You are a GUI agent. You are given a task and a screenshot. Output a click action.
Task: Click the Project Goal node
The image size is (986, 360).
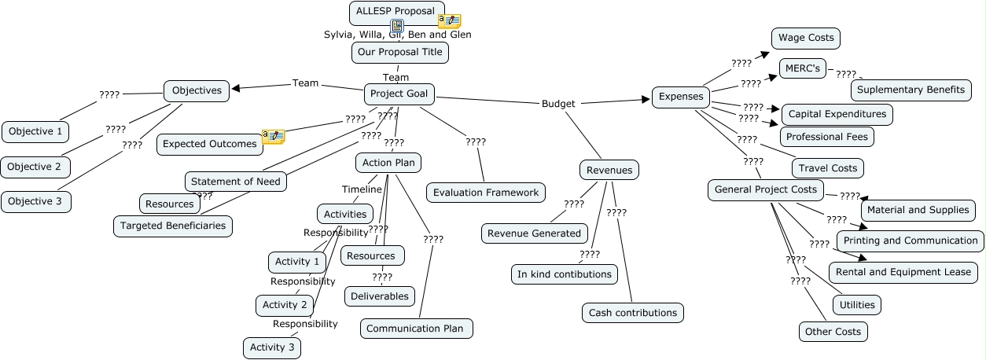pos(399,94)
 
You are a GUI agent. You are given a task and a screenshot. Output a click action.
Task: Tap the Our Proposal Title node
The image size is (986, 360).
pos(400,53)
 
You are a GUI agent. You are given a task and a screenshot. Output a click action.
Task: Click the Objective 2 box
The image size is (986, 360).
pos(35,167)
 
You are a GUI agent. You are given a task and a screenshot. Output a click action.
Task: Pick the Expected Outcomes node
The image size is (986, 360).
pos(209,144)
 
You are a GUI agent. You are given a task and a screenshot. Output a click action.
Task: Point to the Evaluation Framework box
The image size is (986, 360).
pos(486,193)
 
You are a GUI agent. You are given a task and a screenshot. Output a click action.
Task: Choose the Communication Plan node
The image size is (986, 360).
pos(416,329)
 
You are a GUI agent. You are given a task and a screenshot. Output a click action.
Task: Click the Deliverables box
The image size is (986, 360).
pos(379,296)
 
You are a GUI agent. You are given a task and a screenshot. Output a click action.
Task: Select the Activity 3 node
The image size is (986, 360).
pos(272,347)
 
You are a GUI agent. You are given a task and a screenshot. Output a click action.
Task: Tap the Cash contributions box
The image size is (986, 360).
pos(633,313)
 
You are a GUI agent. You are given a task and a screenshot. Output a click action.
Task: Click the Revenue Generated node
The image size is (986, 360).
pos(534,233)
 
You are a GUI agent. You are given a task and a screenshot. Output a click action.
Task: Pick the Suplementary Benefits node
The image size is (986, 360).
pos(911,90)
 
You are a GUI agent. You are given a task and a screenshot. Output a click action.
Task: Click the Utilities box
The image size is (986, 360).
pos(857,305)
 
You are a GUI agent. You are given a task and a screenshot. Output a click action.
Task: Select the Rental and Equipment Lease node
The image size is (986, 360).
pos(903,272)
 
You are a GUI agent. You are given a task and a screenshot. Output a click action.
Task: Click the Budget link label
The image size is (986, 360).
pos(558,104)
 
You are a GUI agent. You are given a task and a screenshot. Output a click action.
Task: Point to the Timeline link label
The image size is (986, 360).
pos(362,189)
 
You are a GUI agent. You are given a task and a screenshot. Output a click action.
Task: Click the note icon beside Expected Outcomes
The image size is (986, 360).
pos(274,137)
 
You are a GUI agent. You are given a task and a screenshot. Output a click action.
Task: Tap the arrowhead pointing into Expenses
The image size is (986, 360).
pos(646,100)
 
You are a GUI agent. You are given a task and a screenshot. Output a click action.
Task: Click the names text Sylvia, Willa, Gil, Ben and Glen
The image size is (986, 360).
pos(398,35)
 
